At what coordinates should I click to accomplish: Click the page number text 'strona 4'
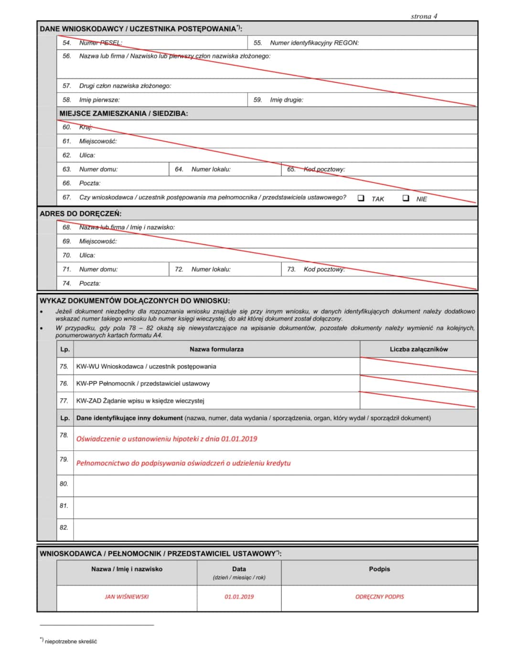pyautogui.click(x=424, y=16)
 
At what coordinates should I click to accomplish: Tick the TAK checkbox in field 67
pyautogui.click(x=361, y=198)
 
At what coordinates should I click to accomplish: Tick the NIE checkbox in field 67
pyautogui.click(x=406, y=198)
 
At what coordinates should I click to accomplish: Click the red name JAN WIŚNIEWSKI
pyautogui.click(x=127, y=597)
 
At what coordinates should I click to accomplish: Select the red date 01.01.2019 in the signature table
pyautogui.click(x=239, y=597)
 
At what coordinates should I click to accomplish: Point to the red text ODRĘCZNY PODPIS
pyautogui.click(x=379, y=597)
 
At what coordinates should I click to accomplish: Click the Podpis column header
pyautogui.click(x=379, y=569)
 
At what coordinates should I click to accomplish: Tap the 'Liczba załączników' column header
pyautogui.click(x=419, y=349)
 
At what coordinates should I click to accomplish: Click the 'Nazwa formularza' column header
pyautogui.click(x=216, y=349)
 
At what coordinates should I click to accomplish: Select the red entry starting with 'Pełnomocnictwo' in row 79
pyautogui.click(x=183, y=463)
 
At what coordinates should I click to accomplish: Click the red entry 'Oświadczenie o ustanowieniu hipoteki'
pyautogui.click(x=167, y=439)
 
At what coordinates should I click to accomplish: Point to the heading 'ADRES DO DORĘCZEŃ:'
pyautogui.click(x=80, y=213)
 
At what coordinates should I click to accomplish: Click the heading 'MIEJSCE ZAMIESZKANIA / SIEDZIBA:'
pyautogui.click(x=124, y=114)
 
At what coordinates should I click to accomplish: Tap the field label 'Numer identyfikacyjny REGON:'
pyautogui.click(x=314, y=43)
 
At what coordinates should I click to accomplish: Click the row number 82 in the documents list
pyautogui.click(x=64, y=528)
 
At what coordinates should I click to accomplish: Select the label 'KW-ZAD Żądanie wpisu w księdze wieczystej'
pyautogui.click(x=140, y=401)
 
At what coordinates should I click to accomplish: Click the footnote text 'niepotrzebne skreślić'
pyautogui.click(x=71, y=642)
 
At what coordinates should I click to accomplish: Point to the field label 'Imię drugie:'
pyautogui.click(x=287, y=100)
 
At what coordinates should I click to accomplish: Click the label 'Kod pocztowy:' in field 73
pyautogui.click(x=324, y=269)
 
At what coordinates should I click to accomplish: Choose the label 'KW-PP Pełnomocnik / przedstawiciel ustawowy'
pyautogui.click(x=143, y=384)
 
